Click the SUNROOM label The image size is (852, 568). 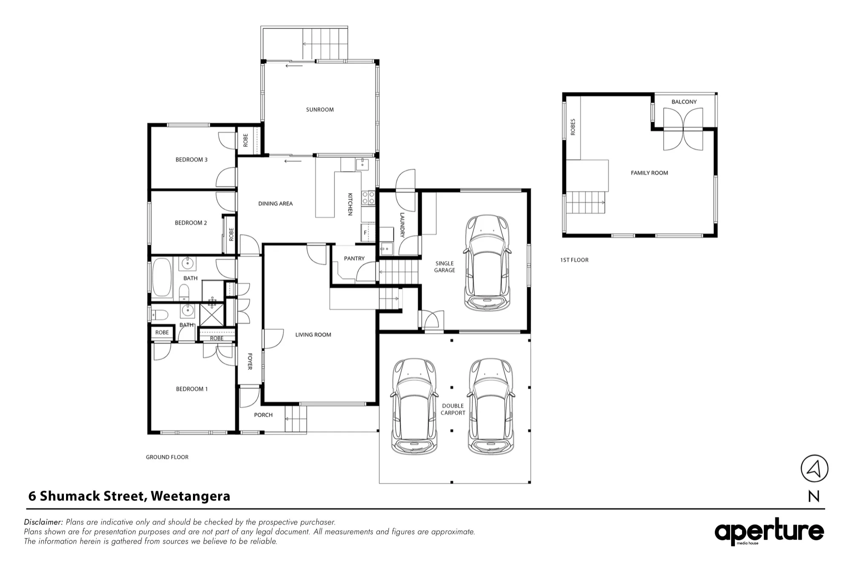coord(319,110)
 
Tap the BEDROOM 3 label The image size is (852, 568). coord(191,160)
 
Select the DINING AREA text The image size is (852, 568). coord(275,204)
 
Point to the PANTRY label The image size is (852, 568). coord(354,258)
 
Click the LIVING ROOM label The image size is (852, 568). coord(313,335)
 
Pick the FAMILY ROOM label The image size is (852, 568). coord(649,173)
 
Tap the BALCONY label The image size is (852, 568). coord(684,102)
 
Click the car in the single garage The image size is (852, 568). coord(486,263)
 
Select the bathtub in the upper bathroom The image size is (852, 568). coord(162,277)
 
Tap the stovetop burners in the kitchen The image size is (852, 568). coord(368,198)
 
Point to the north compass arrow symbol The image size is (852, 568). coord(815,469)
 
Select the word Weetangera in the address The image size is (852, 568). coord(190,496)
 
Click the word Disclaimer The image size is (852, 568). coord(43,522)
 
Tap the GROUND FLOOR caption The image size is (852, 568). coord(167,457)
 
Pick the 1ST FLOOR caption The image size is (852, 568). coord(574,260)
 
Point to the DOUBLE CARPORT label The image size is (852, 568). coord(453,410)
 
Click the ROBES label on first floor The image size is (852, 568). coord(573,127)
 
